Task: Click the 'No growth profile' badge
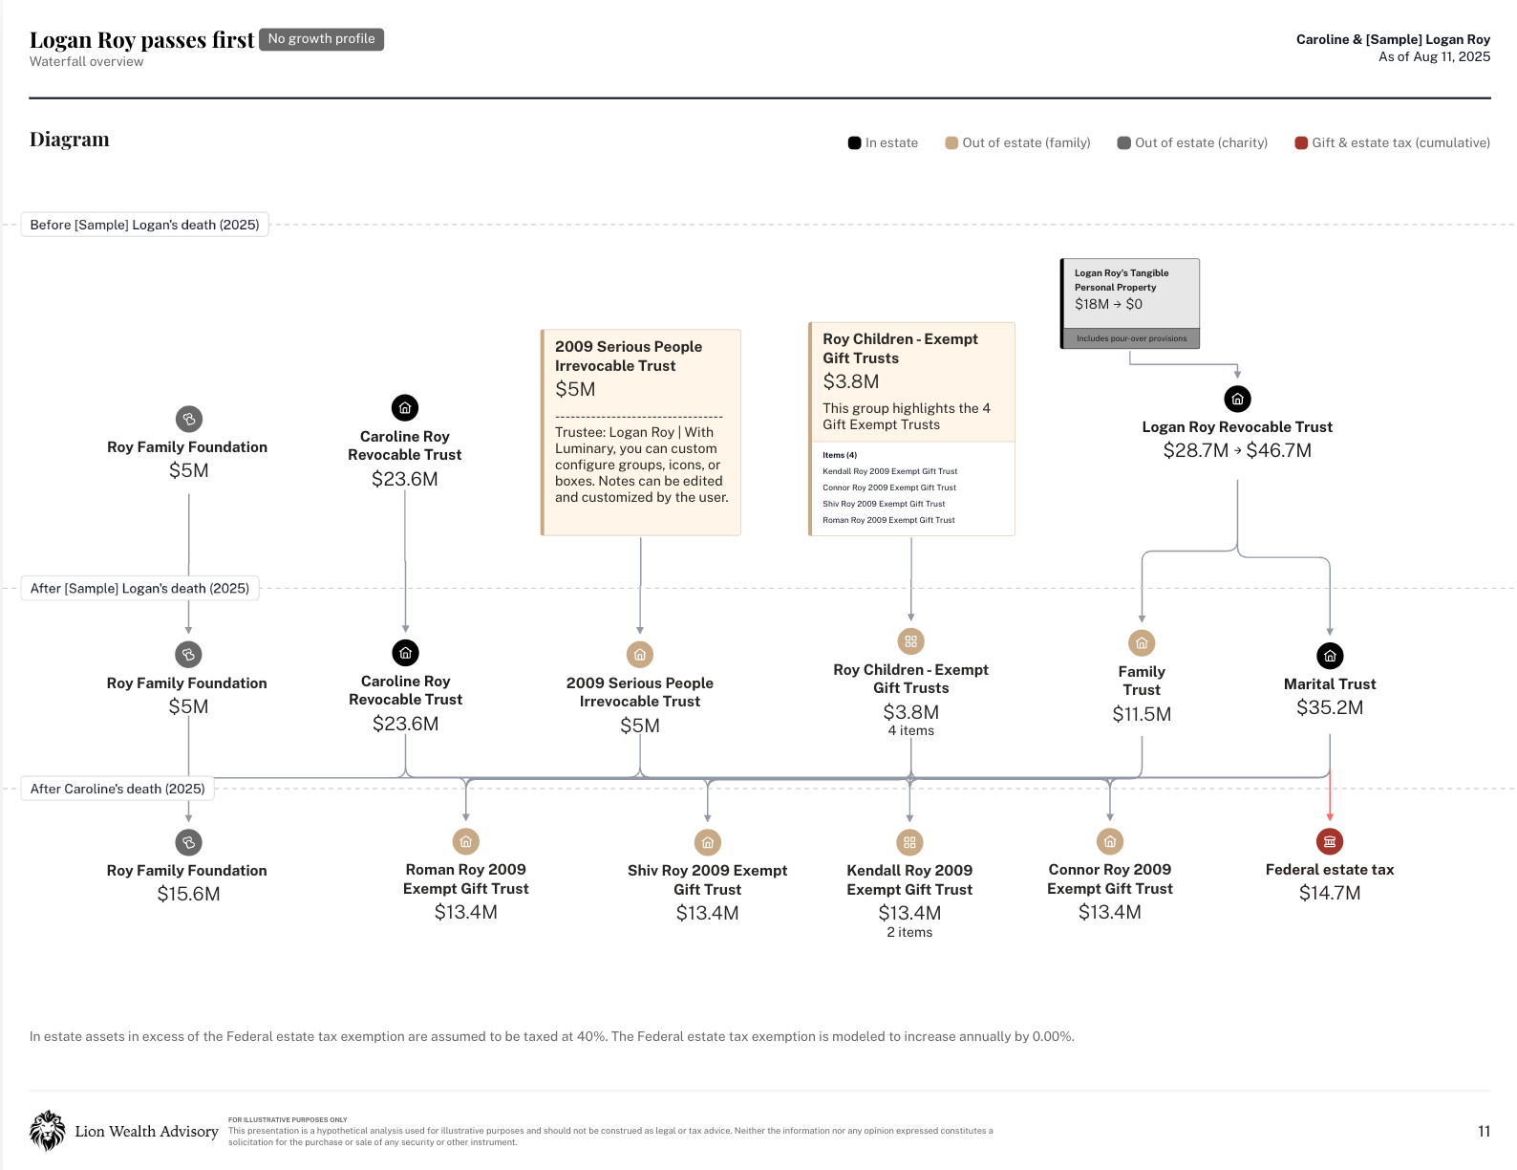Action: pos(321,39)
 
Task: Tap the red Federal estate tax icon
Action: pos(1329,842)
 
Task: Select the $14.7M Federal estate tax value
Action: pos(1329,893)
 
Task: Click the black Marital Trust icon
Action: pos(1329,656)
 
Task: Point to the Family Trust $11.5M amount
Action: pos(1142,714)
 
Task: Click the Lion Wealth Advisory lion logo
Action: pos(48,1130)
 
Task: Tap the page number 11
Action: pos(1484,1131)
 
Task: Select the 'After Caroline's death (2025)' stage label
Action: pos(118,789)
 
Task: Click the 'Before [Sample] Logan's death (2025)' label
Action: pos(144,225)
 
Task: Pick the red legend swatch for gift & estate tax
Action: pos(1300,143)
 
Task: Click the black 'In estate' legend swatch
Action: pos(854,143)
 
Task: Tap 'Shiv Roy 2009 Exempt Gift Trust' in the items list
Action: pos(883,504)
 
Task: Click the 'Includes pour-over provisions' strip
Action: pos(1130,338)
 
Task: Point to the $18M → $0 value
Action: pos(1108,304)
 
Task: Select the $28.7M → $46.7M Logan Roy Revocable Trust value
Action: pos(1236,450)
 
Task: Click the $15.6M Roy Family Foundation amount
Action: pos(188,894)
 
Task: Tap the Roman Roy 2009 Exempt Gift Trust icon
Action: pos(465,842)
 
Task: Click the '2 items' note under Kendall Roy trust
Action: pos(908,932)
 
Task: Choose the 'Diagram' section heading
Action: pos(69,140)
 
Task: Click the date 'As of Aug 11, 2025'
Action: pos(1434,56)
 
